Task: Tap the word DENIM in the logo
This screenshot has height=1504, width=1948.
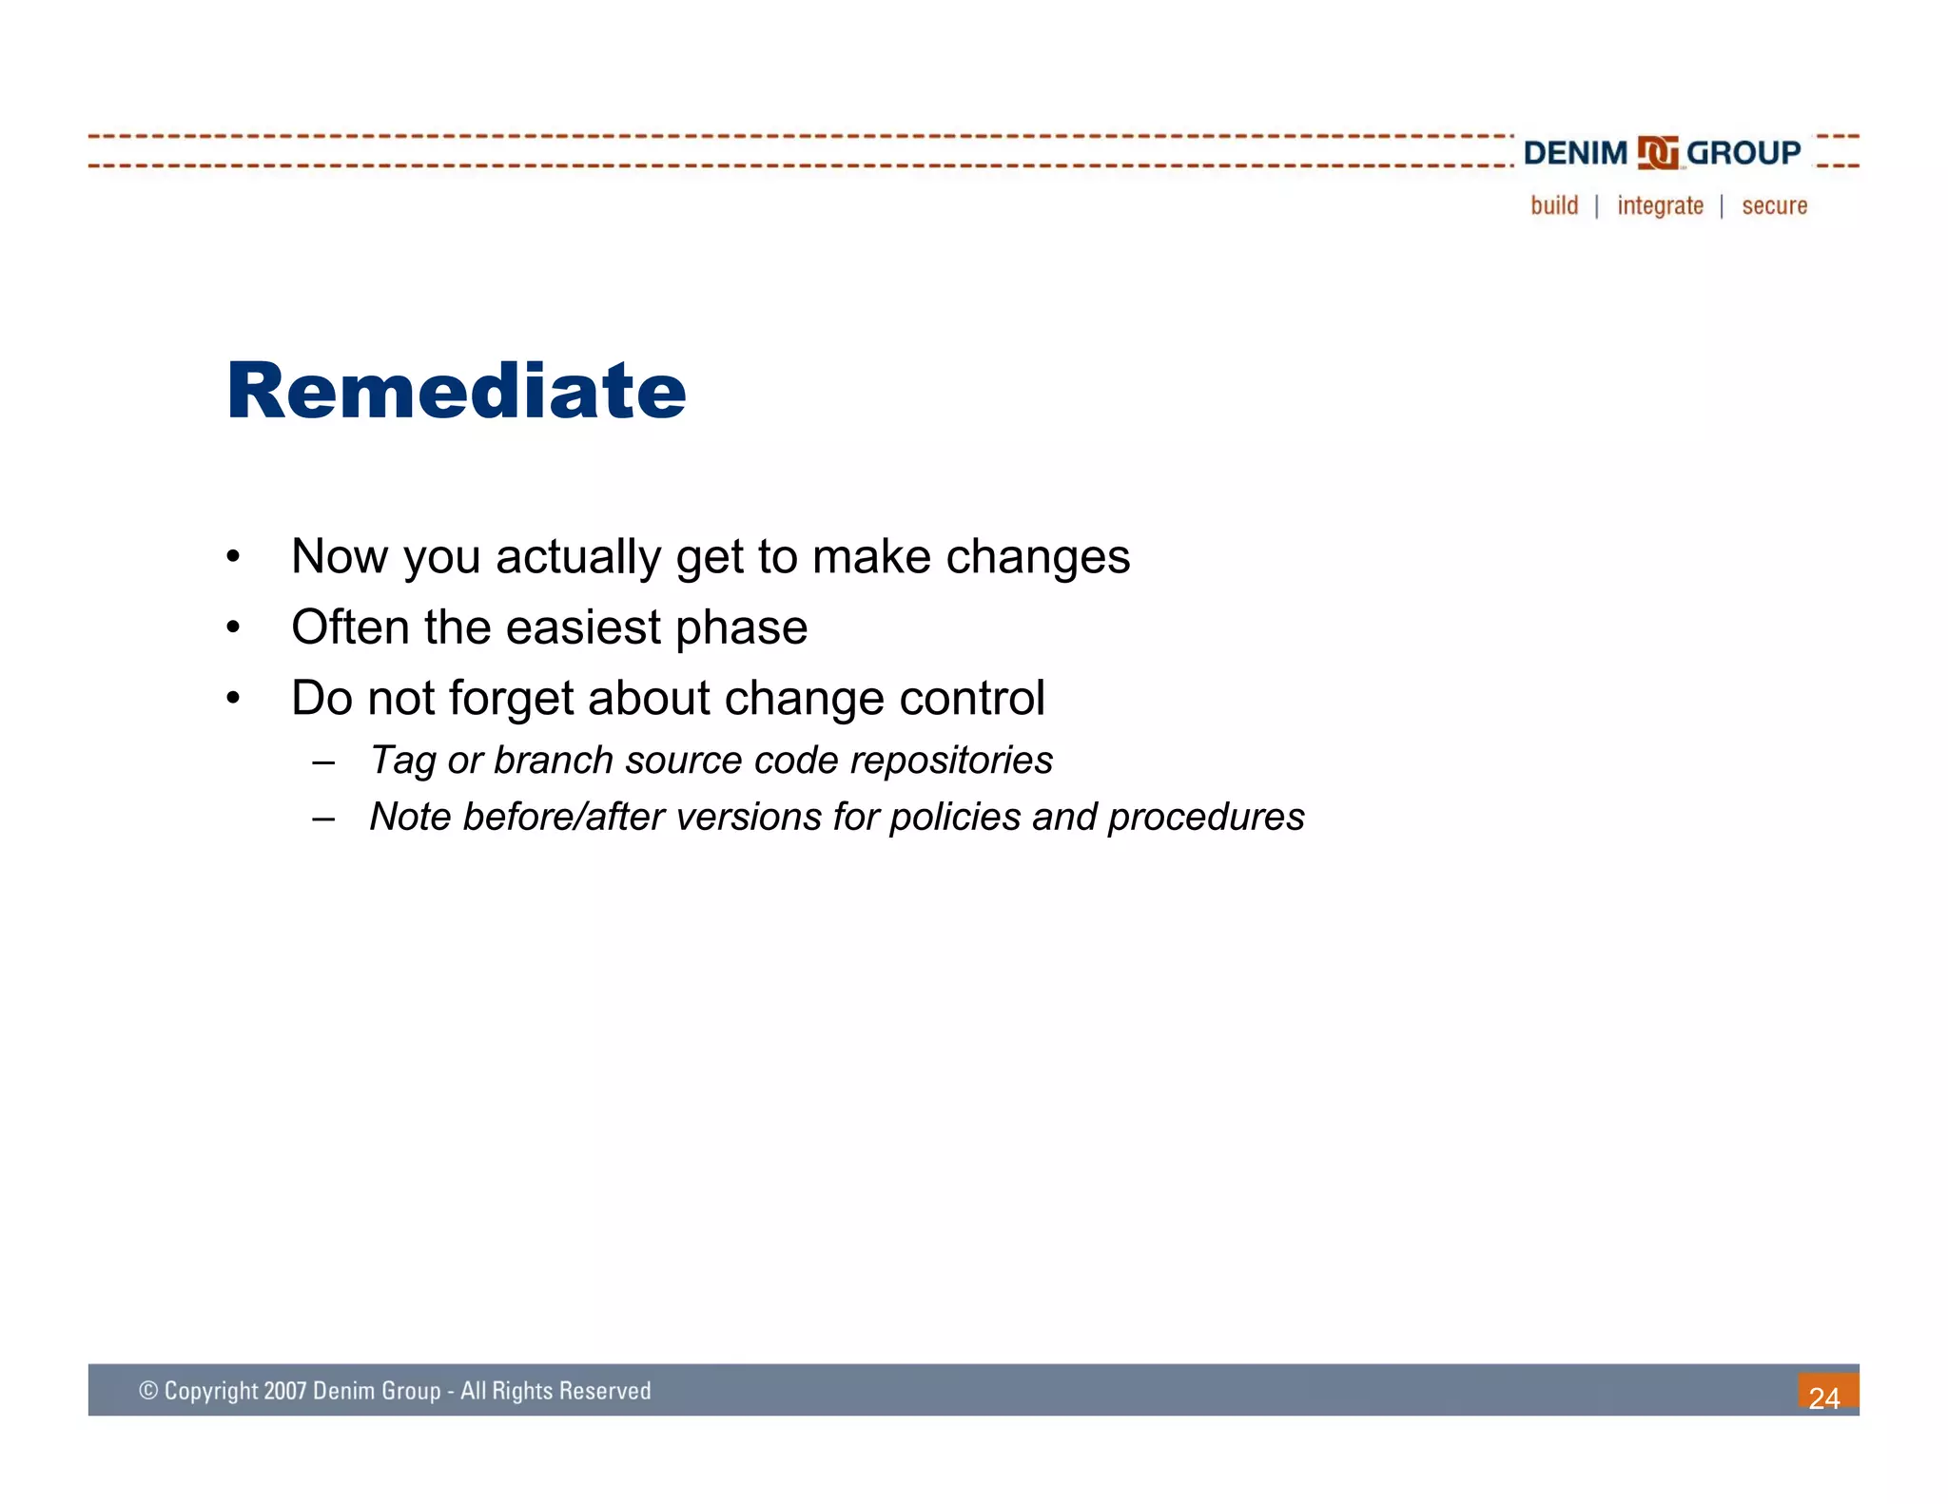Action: (x=1575, y=153)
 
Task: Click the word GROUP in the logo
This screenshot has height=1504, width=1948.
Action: (x=1743, y=153)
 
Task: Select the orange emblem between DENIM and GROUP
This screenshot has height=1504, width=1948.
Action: (x=1658, y=153)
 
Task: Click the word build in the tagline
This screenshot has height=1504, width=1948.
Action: (x=1554, y=205)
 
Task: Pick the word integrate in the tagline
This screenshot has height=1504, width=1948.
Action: (x=1660, y=206)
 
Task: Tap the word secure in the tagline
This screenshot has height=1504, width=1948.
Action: (x=1774, y=206)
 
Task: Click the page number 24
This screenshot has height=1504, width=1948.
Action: (x=1823, y=1398)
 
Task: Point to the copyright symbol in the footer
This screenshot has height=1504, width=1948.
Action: (x=148, y=1391)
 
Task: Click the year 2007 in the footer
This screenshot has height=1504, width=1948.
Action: (x=284, y=1391)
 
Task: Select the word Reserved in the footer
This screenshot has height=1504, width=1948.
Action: (x=605, y=1391)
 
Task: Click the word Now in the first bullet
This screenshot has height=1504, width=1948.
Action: (x=340, y=556)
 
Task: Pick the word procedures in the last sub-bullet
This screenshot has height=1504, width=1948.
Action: (x=1205, y=818)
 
